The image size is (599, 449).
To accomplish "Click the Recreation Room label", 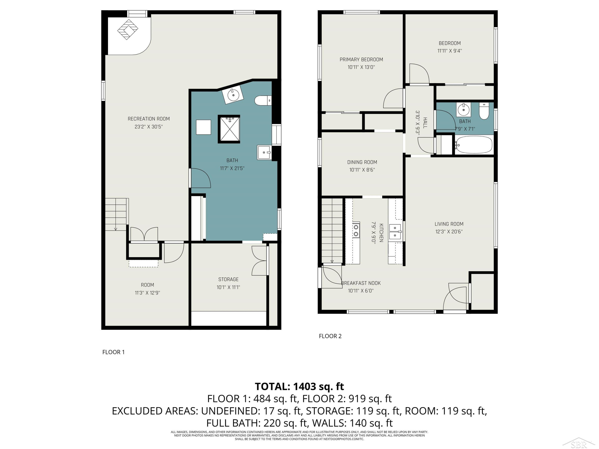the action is click(x=149, y=119).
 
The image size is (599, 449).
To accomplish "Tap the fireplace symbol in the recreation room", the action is click(x=128, y=30).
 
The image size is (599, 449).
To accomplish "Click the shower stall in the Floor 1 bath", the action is click(x=229, y=129).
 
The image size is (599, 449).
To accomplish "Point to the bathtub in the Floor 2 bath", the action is click(x=474, y=145).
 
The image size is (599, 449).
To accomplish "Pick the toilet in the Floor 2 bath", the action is click(x=484, y=111).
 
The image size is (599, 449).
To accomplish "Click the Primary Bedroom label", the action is click(x=361, y=59).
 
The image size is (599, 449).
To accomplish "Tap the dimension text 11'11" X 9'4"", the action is click(x=449, y=51).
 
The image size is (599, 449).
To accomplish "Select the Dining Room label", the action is click(x=362, y=162).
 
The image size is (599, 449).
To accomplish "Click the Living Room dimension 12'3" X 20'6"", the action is click(x=449, y=231).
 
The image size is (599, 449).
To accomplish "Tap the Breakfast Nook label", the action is click(x=361, y=283).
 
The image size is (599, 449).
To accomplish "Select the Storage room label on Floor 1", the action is click(x=228, y=279).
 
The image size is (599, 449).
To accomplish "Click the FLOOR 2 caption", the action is click(x=330, y=336).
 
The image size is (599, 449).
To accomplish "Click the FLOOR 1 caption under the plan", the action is click(x=113, y=352).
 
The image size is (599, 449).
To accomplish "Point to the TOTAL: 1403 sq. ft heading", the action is click(x=299, y=387).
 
